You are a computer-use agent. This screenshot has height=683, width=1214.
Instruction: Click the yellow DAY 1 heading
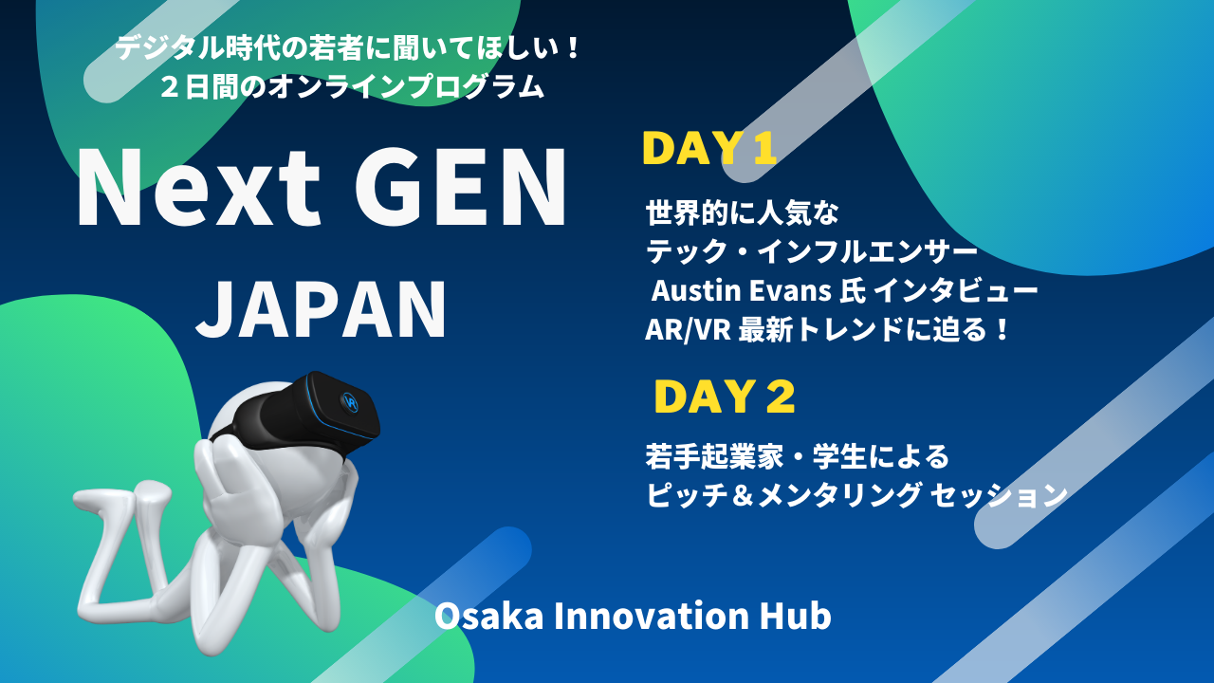[709, 148]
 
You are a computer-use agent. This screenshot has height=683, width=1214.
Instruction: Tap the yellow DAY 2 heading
[725, 397]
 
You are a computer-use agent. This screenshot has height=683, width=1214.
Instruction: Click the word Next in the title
[199, 188]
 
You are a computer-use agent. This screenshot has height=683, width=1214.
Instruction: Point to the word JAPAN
[321, 309]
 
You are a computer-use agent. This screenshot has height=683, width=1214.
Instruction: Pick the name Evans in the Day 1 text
[791, 290]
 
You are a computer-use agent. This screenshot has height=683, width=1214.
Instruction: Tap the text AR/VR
[688, 329]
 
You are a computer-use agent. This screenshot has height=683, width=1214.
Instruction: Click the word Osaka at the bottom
[488, 617]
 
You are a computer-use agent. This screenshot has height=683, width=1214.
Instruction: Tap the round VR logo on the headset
[350, 402]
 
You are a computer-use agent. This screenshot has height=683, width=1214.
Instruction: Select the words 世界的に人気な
[742, 212]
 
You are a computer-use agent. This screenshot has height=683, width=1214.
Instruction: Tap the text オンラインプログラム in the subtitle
[406, 86]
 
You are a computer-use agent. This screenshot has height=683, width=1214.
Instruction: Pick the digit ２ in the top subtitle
[170, 87]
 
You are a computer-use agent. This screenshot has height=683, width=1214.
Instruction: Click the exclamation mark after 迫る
[1002, 329]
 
